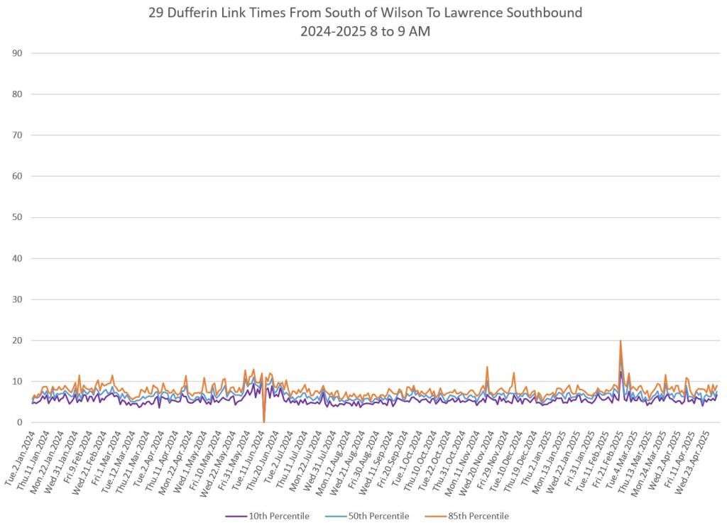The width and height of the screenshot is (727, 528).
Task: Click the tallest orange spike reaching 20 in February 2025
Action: [x=621, y=341]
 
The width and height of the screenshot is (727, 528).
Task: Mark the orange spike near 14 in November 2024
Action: [x=487, y=368]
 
